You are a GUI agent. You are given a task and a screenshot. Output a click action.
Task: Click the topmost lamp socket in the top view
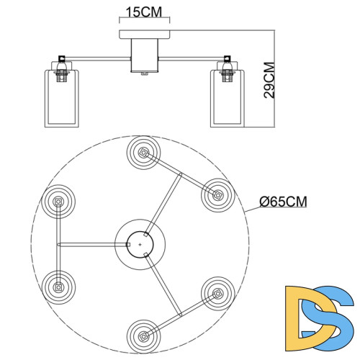point(142,153)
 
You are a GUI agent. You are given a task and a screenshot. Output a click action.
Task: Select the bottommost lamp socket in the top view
point(143,334)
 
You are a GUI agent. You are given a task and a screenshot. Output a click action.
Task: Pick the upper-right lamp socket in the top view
point(216,194)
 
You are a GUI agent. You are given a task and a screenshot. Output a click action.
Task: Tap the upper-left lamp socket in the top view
point(58,201)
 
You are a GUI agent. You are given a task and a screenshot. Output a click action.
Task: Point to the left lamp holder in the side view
point(63,66)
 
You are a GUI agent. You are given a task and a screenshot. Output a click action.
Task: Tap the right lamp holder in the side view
point(226,66)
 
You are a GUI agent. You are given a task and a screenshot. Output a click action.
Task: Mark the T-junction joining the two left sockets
point(59,243)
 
